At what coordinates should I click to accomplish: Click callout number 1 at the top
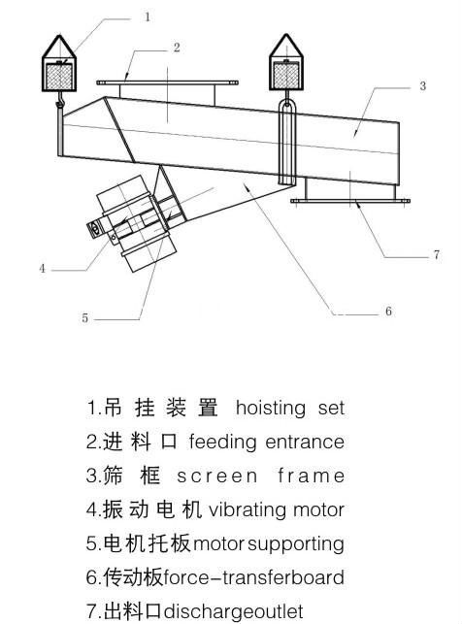click(x=148, y=17)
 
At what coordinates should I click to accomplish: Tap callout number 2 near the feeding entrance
click(x=177, y=48)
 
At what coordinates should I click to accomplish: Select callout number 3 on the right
click(x=422, y=86)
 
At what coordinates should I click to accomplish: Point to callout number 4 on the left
click(x=42, y=268)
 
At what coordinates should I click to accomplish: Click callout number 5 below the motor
click(x=84, y=318)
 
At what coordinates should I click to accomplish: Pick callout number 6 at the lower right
click(x=388, y=311)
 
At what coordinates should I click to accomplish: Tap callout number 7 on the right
click(x=437, y=254)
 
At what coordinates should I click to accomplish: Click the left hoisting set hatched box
click(x=59, y=76)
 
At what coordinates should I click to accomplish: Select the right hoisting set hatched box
click(x=286, y=76)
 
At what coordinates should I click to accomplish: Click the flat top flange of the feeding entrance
click(x=167, y=82)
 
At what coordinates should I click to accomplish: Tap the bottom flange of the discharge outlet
click(x=350, y=201)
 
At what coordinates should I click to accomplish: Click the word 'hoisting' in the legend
click(x=271, y=409)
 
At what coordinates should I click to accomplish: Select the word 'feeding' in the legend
click(x=222, y=443)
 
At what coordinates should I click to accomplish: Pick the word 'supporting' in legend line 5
click(x=296, y=545)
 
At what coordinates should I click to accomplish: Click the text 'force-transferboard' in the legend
click(x=254, y=578)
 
